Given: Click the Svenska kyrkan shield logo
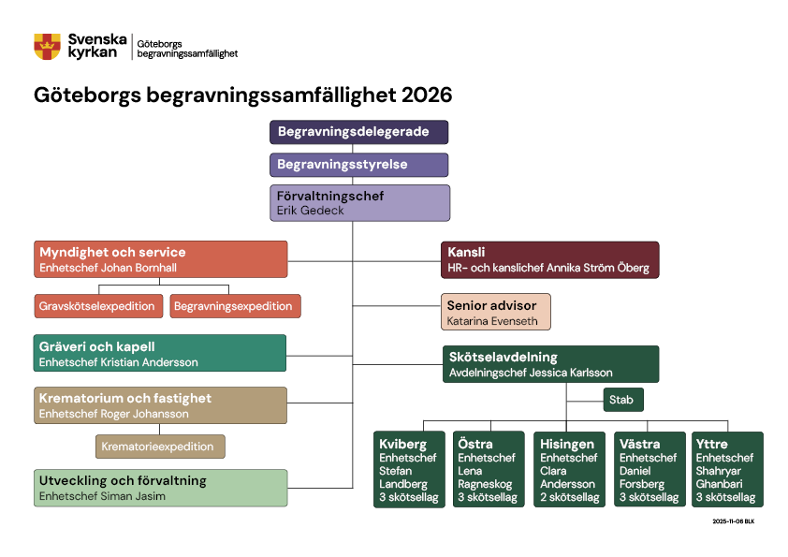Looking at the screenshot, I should click(47, 46).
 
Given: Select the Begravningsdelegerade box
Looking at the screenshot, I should click(359, 132).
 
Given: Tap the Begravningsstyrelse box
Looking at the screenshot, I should click(359, 165).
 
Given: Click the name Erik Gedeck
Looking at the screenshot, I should click(311, 212).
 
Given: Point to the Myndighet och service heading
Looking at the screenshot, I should click(112, 252).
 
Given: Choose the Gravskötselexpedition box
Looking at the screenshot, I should click(97, 306).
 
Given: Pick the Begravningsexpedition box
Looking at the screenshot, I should click(233, 306).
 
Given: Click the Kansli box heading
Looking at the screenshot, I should click(465, 252).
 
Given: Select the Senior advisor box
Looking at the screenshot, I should click(495, 312).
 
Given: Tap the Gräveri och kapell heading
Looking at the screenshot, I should click(97, 346).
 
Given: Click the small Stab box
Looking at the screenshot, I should click(621, 400).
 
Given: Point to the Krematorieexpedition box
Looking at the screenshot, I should click(160, 447).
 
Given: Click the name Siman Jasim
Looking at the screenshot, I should click(134, 496).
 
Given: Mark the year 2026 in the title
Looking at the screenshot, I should click(427, 95).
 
